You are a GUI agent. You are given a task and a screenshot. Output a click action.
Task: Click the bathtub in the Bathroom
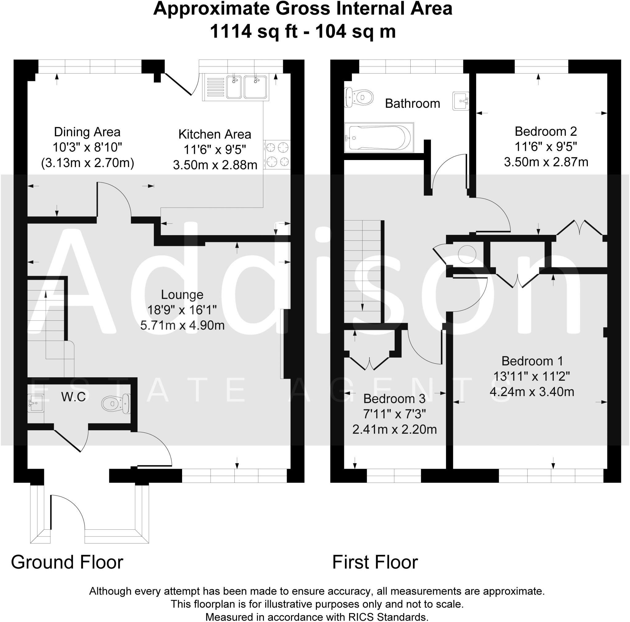pos(379,137)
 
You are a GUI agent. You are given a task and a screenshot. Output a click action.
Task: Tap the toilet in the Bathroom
pos(359,97)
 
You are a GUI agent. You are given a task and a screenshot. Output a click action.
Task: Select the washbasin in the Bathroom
pos(461,100)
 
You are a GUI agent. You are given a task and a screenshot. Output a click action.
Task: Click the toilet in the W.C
pos(116,404)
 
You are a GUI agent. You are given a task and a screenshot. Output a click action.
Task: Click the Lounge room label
pos(182,295)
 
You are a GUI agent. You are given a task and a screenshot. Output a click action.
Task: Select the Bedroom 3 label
pos(394,399)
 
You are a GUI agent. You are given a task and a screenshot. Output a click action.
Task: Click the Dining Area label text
pos(87,132)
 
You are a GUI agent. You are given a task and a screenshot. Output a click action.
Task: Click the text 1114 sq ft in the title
pos(254,32)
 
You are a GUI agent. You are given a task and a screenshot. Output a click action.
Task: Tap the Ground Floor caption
pos(67,562)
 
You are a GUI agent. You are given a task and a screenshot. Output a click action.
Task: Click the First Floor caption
pos(375,562)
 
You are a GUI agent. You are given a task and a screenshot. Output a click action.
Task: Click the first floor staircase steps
pos(362,271)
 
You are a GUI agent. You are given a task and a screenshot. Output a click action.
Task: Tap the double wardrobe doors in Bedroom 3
pos(369,364)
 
